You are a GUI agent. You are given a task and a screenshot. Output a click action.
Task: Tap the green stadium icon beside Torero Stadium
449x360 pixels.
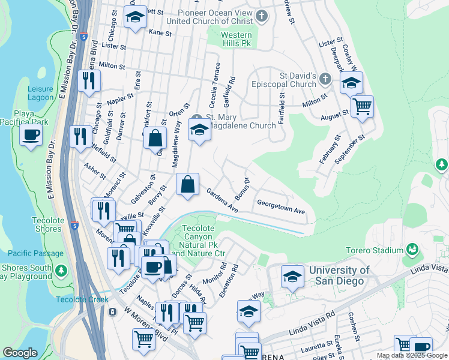(x=412, y=248)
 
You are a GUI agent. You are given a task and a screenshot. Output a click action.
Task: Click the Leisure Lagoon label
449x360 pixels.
(x=40, y=93)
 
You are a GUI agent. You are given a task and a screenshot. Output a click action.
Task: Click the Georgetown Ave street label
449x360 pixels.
(x=282, y=208)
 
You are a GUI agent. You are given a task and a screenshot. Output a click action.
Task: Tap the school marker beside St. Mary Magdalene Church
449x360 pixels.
(x=199, y=128)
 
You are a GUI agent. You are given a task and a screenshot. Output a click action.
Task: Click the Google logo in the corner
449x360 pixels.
(x=20, y=353)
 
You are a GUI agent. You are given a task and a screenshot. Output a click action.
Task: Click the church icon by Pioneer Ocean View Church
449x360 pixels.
(x=261, y=16)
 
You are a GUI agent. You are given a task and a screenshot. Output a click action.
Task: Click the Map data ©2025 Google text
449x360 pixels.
(x=411, y=355)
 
